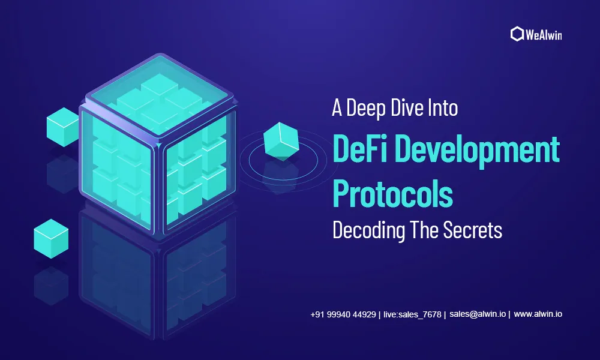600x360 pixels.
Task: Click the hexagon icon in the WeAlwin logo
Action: (517, 34)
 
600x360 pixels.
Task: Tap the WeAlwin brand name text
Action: (544, 35)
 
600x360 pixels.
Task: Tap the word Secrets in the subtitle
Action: (473, 230)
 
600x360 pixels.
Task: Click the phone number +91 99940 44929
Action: (343, 314)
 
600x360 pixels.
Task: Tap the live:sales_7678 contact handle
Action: (413, 314)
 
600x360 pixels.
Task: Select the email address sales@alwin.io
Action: (478, 314)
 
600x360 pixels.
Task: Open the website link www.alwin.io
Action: (538, 314)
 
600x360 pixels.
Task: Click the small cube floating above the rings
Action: (281, 141)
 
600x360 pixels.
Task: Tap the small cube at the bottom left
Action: (51, 239)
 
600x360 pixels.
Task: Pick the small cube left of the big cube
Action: (63, 127)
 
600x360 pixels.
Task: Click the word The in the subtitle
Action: (424, 230)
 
